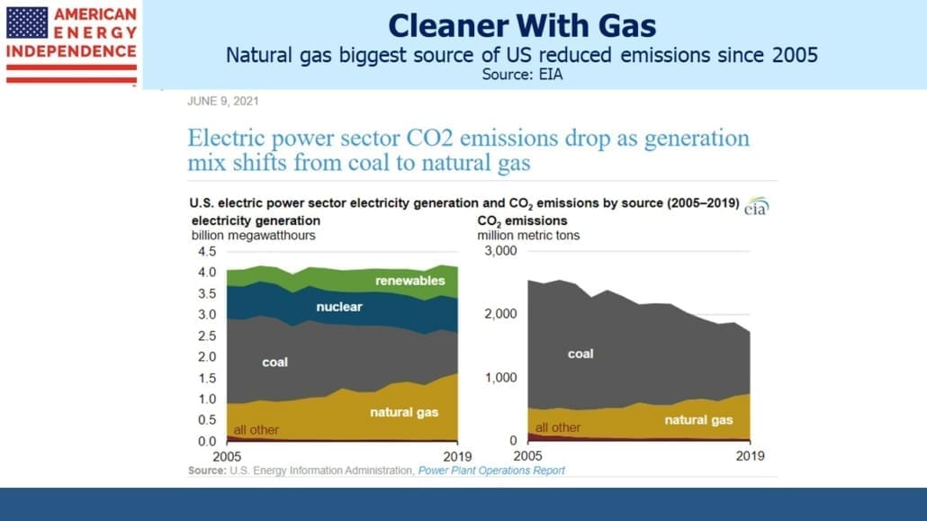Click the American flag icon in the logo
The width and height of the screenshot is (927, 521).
click(x=27, y=22)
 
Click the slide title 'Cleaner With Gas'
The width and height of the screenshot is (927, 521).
click(x=521, y=26)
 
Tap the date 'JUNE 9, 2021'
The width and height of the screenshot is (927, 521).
click(x=223, y=101)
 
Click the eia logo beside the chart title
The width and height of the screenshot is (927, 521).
click(x=756, y=206)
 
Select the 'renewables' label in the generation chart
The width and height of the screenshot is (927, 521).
click(x=410, y=281)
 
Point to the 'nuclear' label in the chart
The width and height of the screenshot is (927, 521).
click(x=338, y=306)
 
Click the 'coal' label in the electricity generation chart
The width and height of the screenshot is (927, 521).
click(x=274, y=362)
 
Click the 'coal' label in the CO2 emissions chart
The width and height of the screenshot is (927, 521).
click(x=580, y=354)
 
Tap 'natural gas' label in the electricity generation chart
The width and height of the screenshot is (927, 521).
click(x=404, y=412)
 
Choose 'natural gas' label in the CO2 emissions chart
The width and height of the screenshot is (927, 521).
click(x=698, y=420)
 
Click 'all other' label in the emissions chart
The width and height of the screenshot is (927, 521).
click(x=557, y=427)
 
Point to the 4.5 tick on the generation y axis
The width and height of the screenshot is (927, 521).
click(x=207, y=251)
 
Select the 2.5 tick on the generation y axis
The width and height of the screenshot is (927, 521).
click(x=207, y=336)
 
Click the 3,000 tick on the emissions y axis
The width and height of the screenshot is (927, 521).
click(x=500, y=251)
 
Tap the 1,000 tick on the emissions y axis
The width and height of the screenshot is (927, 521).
click(x=500, y=377)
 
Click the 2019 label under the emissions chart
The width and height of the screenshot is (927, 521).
click(x=750, y=456)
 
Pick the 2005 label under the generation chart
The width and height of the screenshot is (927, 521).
click(x=227, y=456)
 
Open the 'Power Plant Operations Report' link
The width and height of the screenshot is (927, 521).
click(x=491, y=471)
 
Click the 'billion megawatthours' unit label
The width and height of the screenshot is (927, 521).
click(x=253, y=236)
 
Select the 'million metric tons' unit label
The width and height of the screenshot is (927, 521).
click(x=528, y=236)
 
